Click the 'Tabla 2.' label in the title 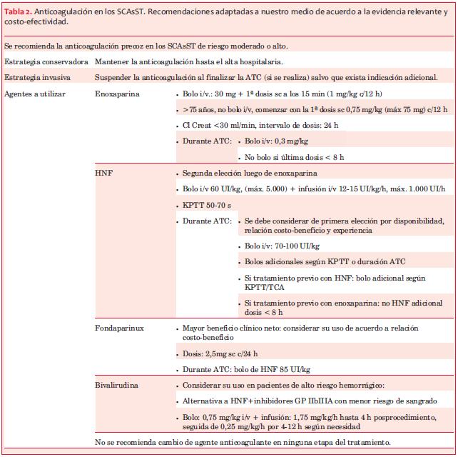21,9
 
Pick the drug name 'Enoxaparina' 118,94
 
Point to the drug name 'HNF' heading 104,173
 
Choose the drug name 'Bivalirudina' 118,384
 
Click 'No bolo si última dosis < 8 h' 294,157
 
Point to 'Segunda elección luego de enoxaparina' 250,173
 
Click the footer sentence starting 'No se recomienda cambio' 243,443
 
